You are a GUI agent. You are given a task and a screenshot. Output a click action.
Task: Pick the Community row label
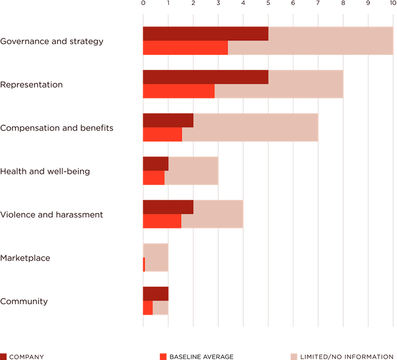(x=26, y=301)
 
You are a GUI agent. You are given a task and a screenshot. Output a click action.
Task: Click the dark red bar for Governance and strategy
(x=205, y=34)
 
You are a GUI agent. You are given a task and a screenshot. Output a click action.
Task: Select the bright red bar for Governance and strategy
(x=185, y=48)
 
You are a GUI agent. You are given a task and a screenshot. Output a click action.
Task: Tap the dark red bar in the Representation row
(x=205, y=77)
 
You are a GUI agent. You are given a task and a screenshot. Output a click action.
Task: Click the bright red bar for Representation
(x=178, y=92)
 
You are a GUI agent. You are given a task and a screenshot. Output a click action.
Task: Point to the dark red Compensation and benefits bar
(x=167, y=120)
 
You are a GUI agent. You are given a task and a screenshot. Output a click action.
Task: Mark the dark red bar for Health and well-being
(x=155, y=163)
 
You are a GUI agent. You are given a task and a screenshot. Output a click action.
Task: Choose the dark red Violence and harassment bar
(x=167, y=207)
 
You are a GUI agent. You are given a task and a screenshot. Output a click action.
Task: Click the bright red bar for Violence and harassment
(x=162, y=221)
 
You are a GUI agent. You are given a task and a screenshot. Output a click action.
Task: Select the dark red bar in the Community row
(x=155, y=293)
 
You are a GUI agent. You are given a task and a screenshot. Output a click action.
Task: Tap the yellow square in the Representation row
(x=355, y=84)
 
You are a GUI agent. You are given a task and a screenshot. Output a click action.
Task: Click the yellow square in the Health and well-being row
(x=230, y=171)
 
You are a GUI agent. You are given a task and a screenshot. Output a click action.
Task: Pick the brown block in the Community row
(x=180, y=293)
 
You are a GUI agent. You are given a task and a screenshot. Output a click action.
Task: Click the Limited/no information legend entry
(x=347, y=356)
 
